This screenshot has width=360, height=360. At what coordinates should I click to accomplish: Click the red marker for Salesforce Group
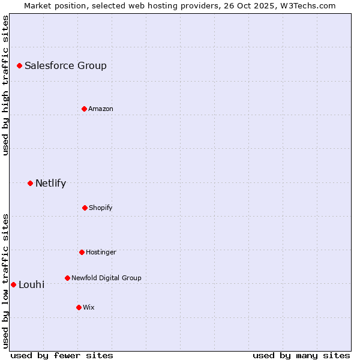tap(19, 65)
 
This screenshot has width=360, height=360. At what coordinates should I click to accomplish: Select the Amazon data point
tap(84, 109)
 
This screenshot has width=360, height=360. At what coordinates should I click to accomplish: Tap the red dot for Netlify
tap(30, 183)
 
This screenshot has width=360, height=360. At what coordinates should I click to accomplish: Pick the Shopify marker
tap(85, 208)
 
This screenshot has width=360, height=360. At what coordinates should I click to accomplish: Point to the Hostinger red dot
tap(82, 252)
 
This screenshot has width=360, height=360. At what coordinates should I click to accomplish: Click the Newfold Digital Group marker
tap(67, 278)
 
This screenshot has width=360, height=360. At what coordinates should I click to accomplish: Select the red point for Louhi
tap(13, 284)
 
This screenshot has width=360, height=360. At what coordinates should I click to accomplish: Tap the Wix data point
tap(79, 307)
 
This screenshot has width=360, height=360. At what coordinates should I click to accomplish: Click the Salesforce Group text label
tap(65, 66)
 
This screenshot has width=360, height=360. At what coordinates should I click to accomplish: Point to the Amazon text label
tap(101, 109)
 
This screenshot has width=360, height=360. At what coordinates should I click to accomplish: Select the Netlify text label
tap(50, 184)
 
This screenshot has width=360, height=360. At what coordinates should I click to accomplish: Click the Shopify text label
tap(101, 208)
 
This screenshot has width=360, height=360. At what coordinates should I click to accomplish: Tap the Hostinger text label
tap(101, 252)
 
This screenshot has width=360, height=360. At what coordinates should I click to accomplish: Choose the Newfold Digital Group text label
tap(106, 278)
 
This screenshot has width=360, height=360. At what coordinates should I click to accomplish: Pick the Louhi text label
tap(31, 285)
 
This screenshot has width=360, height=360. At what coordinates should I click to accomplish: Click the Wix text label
tap(88, 307)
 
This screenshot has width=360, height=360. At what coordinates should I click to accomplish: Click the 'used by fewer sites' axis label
tap(62, 355)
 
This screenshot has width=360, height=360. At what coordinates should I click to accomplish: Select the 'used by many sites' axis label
tap(301, 355)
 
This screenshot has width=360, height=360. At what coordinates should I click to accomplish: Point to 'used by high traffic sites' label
tap(5, 85)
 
